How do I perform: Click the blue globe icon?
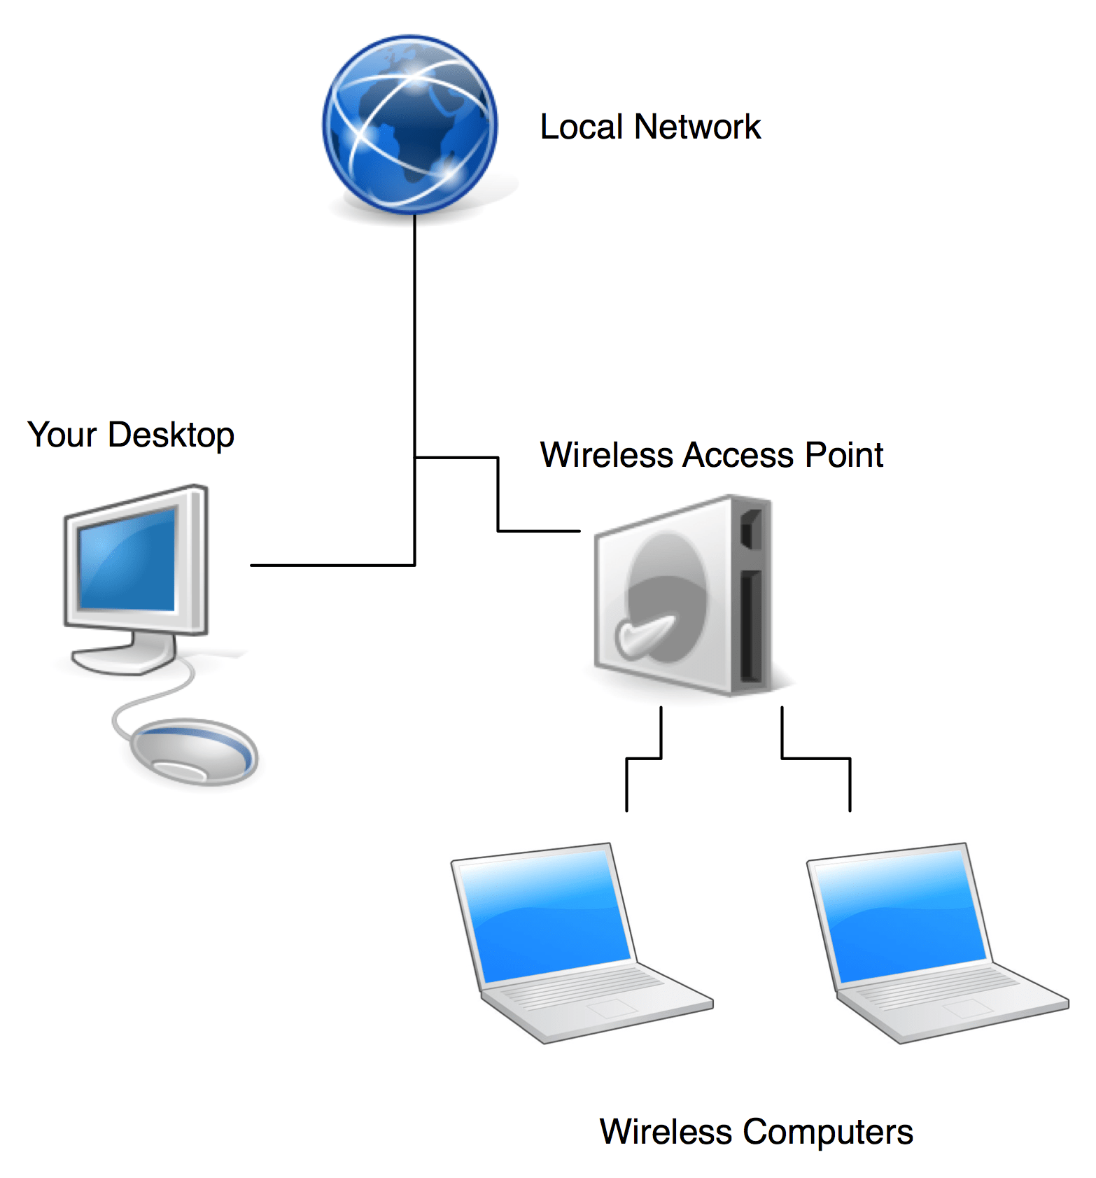click(x=410, y=124)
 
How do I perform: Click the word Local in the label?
click(x=581, y=127)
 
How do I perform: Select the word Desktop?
click(x=171, y=435)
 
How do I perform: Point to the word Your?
click(x=62, y=435)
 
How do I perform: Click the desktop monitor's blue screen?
click(x=127, y=560)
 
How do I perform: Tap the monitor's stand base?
click(x=122, y=658)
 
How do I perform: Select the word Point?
click(x=844, y=456)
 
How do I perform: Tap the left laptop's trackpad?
click(x=610, y=1008)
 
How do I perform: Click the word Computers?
click(x=827, y=1133)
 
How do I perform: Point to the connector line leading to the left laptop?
click(x=627, y=784)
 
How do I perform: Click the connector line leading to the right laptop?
click(x=850, y=784)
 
